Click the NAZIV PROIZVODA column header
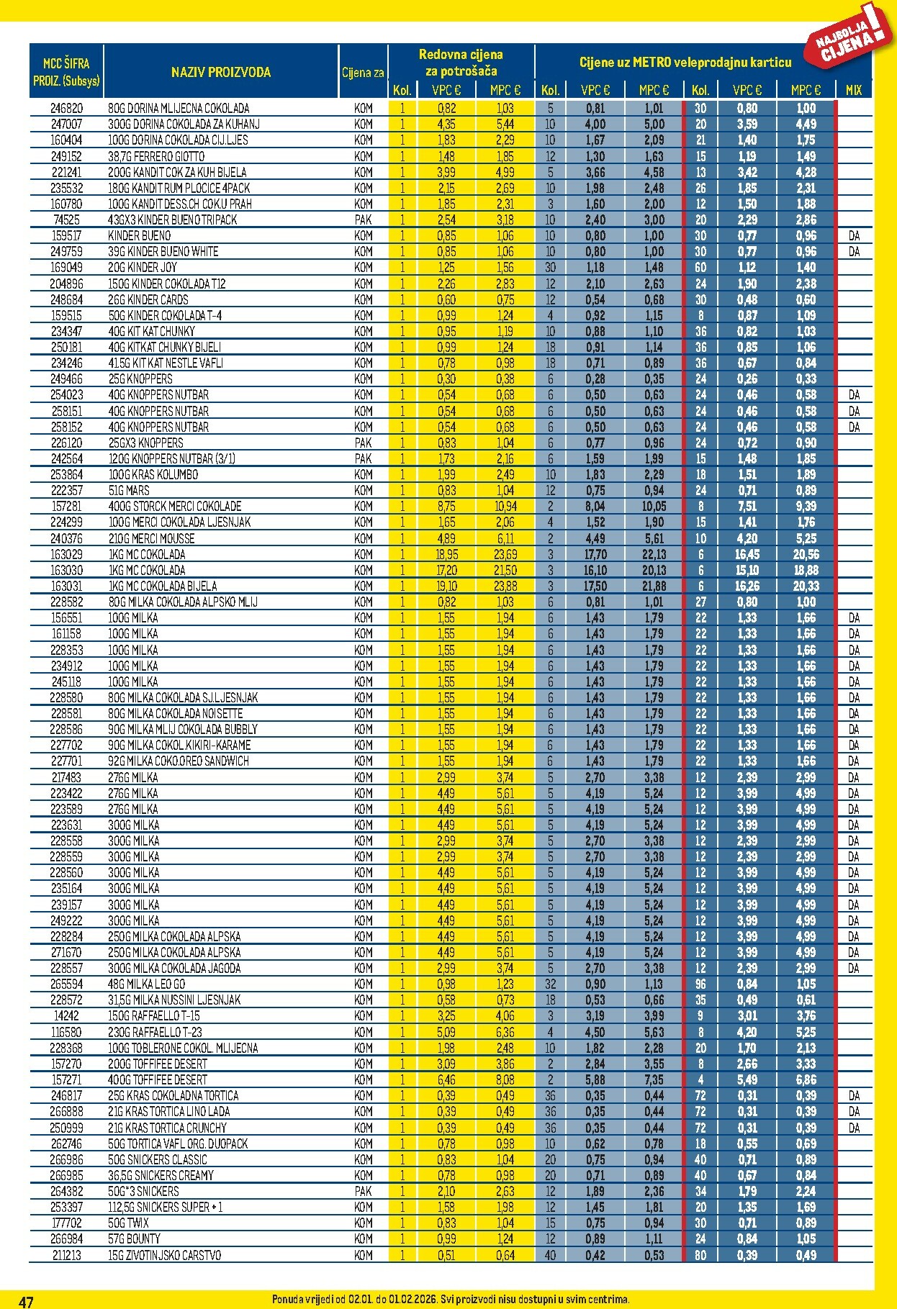click(220, 72)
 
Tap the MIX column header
click(853, 90)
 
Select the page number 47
click(26, 1301)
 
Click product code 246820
click(66, 108)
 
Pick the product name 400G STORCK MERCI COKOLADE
click(174, 506)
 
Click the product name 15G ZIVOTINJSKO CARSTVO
click(164, 1255)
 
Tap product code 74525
click(66, 219)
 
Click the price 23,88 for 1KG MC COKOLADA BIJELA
click(505, 586)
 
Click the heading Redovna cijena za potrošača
click(461, 63)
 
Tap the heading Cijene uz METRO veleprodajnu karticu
click(685, 63)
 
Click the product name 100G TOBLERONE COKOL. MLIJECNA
click(183, 1048)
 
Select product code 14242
click(66, 1015)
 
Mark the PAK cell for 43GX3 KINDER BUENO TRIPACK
click(364, 219)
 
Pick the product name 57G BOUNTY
click(134, 1238)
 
